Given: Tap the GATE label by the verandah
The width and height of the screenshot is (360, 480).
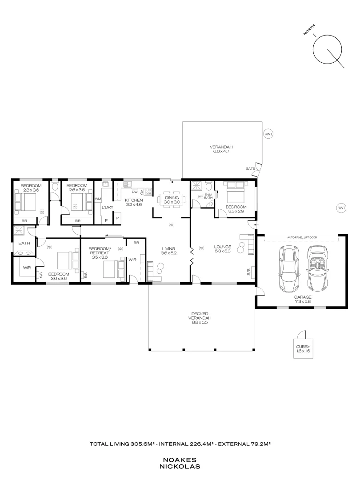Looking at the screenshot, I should (250, 169).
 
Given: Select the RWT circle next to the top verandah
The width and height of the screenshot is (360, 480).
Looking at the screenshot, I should (268, 134).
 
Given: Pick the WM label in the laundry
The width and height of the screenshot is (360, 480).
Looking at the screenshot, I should (98, 199).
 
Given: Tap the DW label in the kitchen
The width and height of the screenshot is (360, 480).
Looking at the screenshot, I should (134, 192).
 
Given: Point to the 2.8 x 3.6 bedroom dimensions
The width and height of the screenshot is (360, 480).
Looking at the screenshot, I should (31, 190).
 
